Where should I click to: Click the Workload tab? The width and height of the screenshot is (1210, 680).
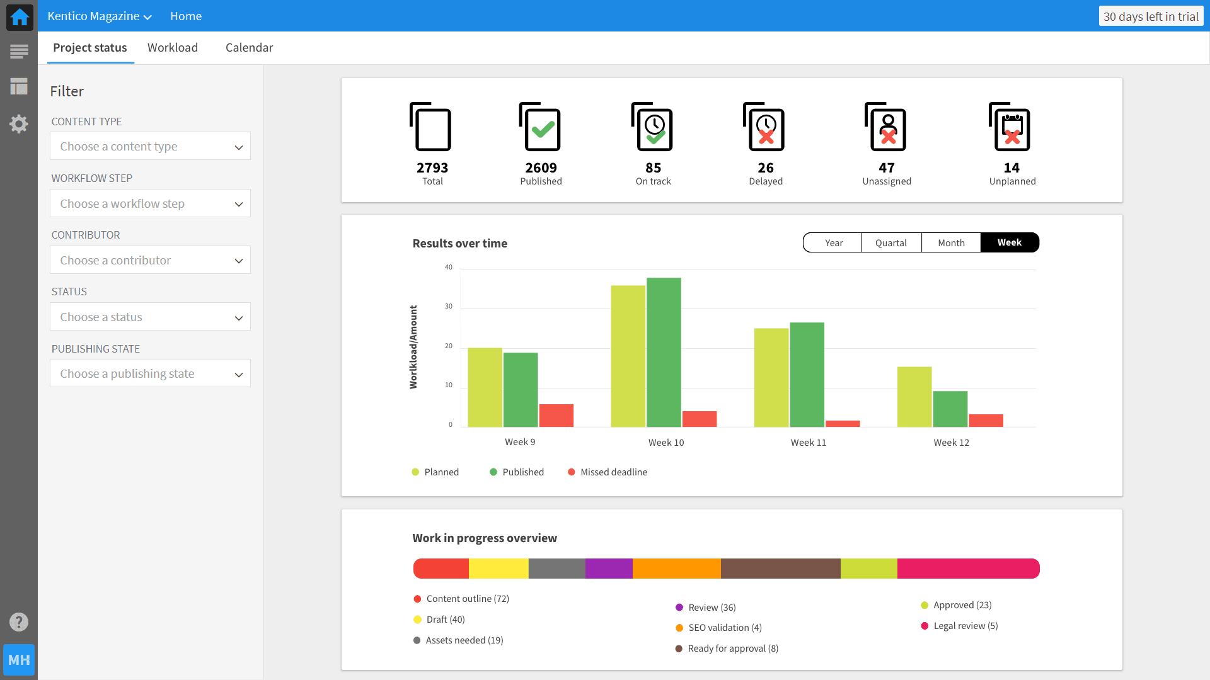(x=173, y=48)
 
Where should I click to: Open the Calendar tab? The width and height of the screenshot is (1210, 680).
(x=249, y=48)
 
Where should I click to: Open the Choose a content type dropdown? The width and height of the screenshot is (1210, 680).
(x=150, y=146)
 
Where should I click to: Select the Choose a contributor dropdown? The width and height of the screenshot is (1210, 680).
(x=150, y=260)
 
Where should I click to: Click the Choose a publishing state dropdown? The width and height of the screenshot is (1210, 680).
(x=150, y=373)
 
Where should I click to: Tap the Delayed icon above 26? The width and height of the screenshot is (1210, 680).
(x=764, y=127)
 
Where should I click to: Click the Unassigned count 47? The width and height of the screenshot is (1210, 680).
(x=886, y=167)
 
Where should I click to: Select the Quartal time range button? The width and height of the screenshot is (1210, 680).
(x=890, y=243)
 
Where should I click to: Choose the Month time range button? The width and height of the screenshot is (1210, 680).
(x=951, y=243)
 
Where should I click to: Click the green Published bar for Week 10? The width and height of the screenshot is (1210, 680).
(x=664, y=353)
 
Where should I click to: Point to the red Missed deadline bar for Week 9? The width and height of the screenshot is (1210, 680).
(x=556, y=416)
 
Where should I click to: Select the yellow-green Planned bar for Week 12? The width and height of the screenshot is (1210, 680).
(x=914, y=397)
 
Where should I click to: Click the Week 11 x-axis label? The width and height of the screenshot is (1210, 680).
(x=809, y=443)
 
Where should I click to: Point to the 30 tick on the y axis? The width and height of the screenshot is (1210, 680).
(x=449, y=307)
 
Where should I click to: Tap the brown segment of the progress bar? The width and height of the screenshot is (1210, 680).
(x=780, y=569)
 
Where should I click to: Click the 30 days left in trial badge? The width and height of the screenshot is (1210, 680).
(x=1151, y=16)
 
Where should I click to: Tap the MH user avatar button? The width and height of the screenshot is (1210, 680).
(x=19, y=660)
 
